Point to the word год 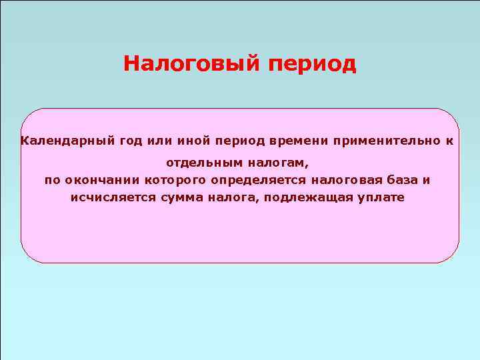point(131,141)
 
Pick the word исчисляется point(113,198)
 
